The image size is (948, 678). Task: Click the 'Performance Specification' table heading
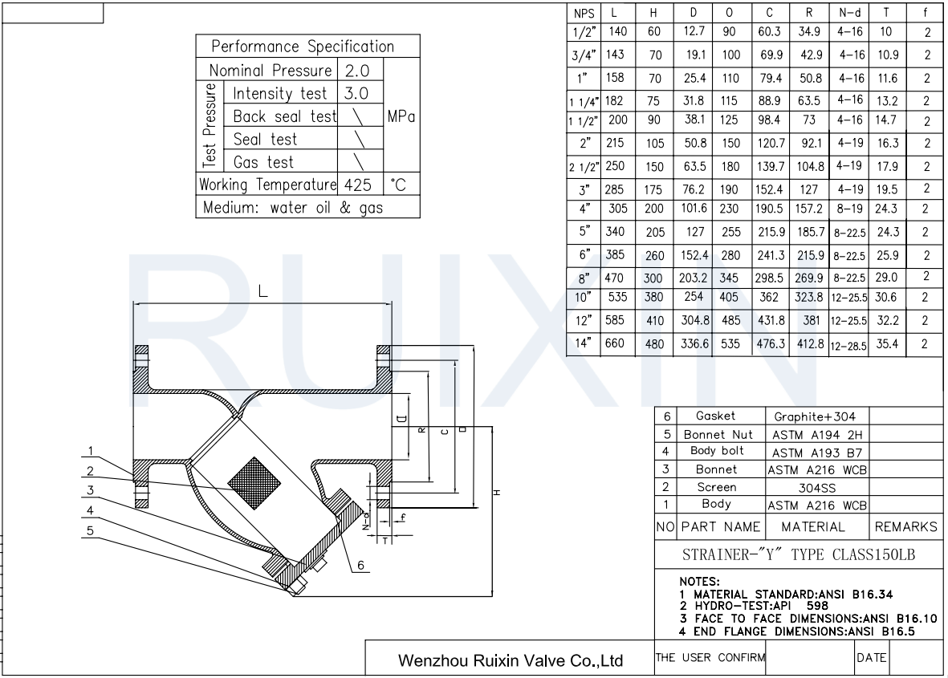(x=303, y=46)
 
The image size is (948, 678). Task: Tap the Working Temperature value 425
(x=357, y=185)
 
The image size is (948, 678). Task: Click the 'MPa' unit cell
(x=401, y=116)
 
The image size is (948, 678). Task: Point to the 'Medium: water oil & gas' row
(x=293, y=207)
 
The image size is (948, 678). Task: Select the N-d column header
(x=851, y=14)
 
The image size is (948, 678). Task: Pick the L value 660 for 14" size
(x=614, y=343)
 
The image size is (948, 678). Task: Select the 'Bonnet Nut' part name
(x=718, y=434)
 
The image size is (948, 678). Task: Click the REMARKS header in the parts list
(x=905, y=527)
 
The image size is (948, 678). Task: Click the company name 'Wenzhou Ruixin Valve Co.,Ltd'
(x=511, y=661)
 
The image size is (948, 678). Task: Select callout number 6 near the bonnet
(x=360, y=565)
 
